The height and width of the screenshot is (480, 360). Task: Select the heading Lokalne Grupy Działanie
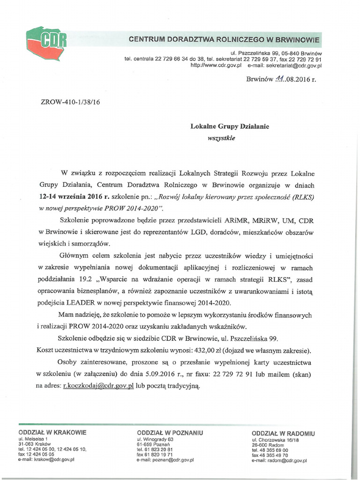(x=230, y=126)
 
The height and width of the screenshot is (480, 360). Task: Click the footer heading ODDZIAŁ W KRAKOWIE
(x=52, y=432)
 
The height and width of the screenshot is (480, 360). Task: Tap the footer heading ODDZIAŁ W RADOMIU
(x=283, y=433)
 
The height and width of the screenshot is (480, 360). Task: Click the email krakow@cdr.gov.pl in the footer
(x=46, y=460)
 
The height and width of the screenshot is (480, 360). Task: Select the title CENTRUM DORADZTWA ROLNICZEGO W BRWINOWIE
(x=224, y=40)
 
